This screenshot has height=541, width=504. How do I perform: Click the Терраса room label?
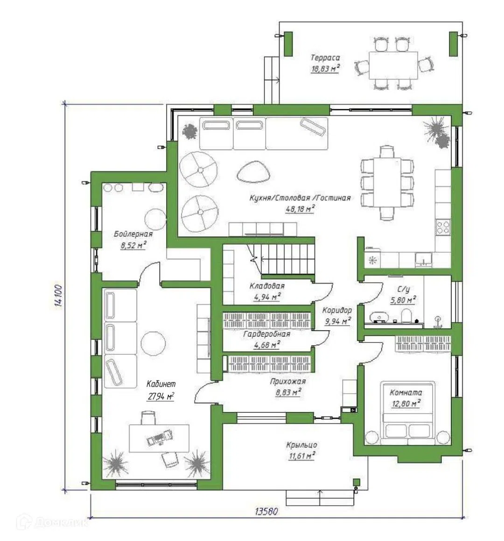coord(325,57)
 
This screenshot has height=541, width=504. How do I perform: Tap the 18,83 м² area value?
coord(325,69)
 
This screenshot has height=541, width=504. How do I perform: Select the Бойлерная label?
coord(133,234)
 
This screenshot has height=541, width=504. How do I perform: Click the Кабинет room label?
coord(161,384)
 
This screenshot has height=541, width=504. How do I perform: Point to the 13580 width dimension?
coord(266,511)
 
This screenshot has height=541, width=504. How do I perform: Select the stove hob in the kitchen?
coord(443,227)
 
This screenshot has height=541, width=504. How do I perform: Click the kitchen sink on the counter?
coord(424,259)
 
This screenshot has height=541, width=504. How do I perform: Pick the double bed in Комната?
coord(407,413)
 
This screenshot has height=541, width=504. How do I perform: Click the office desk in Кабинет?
coord(159,438)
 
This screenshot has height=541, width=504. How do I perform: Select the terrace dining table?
coord(393,65)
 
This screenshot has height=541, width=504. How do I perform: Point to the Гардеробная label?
coord(266,334)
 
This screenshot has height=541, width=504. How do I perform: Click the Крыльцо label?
coord(301,445)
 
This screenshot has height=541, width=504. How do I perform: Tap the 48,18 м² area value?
coord(300,209)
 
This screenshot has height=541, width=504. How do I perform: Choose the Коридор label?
coord(337,310)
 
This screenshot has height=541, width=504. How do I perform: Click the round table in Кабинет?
coord(153,343)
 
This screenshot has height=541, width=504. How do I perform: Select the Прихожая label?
coord(288,382)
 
